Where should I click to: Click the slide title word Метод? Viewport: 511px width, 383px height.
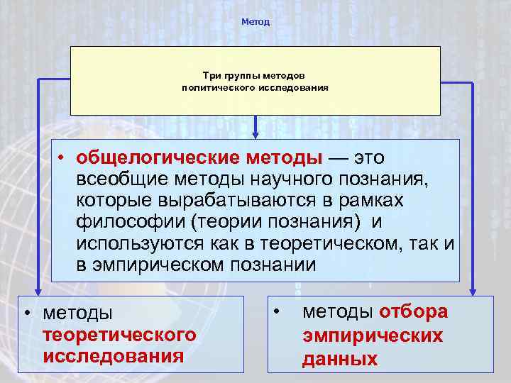[255, 22]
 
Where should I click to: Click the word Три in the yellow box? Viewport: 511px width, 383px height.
[211, 75]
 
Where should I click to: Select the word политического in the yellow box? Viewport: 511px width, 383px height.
[214, 88]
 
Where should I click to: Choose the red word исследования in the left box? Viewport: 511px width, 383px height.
[113, 355]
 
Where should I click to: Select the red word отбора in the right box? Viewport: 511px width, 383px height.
[414, 312]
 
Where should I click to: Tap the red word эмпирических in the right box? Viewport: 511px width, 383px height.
[373, 335]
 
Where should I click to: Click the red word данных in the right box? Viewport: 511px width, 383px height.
[340, 360]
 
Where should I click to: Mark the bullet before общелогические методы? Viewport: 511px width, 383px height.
[62, 157]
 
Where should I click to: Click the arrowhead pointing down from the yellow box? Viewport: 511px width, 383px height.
[255, 130]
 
